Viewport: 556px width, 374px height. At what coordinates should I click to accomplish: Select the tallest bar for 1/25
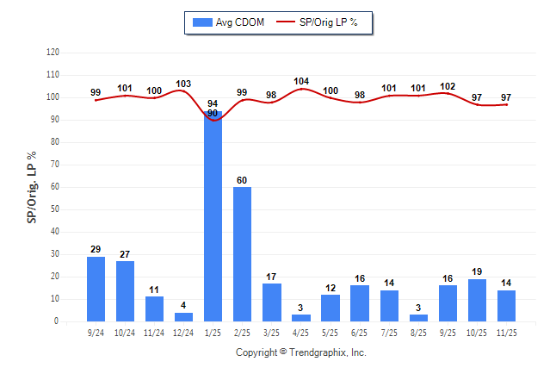(x=213, y=215)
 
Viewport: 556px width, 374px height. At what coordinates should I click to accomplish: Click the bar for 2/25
(x=242, y=253)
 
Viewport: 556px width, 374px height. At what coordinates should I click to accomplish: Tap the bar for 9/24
(x=96, y=289)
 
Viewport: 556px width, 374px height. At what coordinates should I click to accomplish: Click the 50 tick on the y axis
(x=54, y=209)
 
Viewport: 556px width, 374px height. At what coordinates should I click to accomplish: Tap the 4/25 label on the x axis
(x=300, y=332)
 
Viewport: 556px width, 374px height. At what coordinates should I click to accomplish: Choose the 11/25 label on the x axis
(x=506, y=332)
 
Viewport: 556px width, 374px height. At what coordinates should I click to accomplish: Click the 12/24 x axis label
(x=183, y=332)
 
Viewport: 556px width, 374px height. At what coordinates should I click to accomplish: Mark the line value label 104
(x=300, y=81)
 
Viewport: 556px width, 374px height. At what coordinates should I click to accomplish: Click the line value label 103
(x=183, y=84)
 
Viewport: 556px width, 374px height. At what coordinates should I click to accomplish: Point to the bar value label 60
(x=242, y=180)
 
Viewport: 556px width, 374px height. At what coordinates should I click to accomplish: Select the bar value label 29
(x=96, y=249)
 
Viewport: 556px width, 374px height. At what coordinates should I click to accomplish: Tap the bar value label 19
(x=477, y=271)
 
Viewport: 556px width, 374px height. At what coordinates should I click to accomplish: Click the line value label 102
(x=448, y=86)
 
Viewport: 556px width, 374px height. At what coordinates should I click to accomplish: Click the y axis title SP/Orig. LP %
(x=32, y=186)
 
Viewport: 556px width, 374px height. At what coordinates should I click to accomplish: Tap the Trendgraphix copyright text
(x=300, y=352)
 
